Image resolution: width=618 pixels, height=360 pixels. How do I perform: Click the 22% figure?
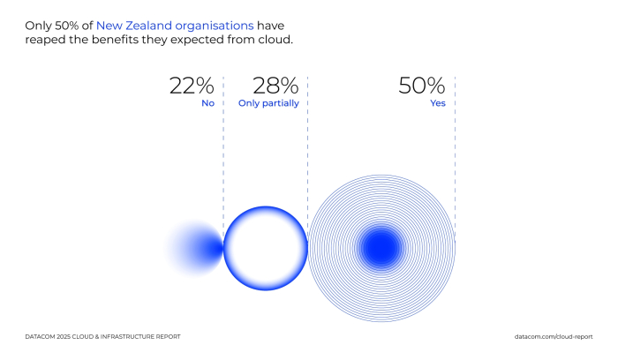(x=192, y=86)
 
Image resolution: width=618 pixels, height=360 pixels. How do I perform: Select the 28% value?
(x=275, y=86)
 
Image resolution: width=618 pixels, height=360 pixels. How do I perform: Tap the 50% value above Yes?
(x=422, y=86)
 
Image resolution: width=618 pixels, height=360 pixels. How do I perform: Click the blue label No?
(x=207, y=103)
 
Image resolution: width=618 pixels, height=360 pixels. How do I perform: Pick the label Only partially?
(x=268, y=103)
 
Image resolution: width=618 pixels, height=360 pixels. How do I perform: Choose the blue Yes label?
(x=436, y=103)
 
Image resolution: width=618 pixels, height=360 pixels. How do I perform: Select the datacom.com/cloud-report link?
(x=553, y=337)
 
